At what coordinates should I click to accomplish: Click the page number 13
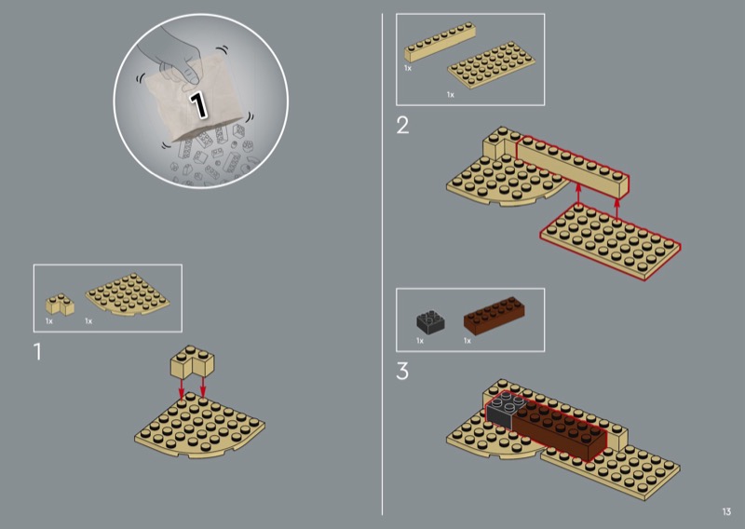pyautogui.click(x=726, y=511)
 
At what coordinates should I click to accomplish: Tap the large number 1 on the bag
pyautogui.click(x=198, y=104)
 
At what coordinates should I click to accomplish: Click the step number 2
pyautogui.click(x=402, y=126)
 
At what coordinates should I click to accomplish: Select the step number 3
pyautogui.click(x=402, y=371)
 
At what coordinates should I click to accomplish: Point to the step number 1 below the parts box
pyautogui.click(x=37, y=352)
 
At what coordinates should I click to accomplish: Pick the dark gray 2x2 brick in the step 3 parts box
pyautogui.click(x=430, y=322)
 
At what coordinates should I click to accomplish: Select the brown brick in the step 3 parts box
pyautogui.click(x=494, y=316)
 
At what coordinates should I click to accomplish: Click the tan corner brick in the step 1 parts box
pyautogui.click(x=60, y=305)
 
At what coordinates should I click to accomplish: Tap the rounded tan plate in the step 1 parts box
pyautogui.click(x=128, y=294)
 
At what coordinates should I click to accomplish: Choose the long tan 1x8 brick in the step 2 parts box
pyautogui.click(x=440, y=42)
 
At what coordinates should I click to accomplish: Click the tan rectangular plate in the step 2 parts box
pyautogui.click(x=492, y=65)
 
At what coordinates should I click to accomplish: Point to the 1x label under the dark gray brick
pyautogui.click(x=420, y=341)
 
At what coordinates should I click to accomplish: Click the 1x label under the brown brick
pyautogui.click(x=467, y=341)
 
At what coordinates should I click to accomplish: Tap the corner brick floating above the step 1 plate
pyautogui.click(x=193, y=362)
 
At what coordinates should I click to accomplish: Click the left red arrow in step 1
pyautogui.click(x=181, y=387)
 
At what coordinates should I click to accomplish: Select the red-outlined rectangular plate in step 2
pyautogui.click(x=611, y=241)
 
